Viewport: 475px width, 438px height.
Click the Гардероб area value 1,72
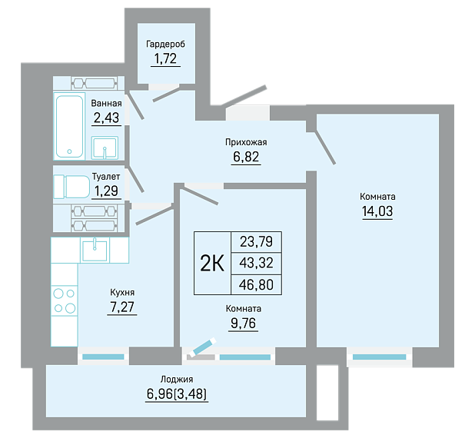(x=165, y=58)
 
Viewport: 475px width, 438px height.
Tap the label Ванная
(x=106, y=103)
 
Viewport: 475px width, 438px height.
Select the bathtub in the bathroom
(x=69, y=126)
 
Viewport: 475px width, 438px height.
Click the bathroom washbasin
(x=105, y=148)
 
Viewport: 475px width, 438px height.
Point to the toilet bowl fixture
(x=71, y=187)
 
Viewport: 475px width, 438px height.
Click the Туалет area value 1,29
(x=106, y=191)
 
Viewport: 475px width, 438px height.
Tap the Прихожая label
(x=246, y=142)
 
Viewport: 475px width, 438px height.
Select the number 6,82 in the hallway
(x=246, y=157)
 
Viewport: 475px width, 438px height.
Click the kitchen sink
(x=95, y=250)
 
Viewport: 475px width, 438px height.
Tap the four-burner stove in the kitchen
(x=65, y=300)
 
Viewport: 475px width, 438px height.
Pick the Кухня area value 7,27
(x=122, y=307)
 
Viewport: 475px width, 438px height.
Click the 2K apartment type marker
(x=212, y=264)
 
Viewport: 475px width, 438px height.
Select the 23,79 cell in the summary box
(x=256, y=242)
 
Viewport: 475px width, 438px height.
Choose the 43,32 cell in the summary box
(x=256, y=263)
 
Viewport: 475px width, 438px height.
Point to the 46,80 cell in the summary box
(x=256, y=285)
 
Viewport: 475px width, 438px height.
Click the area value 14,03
(x=377, y=211)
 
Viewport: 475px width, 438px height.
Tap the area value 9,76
(x=243, y=324)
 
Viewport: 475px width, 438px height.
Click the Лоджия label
(x=177, y=380)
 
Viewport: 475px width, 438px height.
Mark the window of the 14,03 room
(x=379, y=357)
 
